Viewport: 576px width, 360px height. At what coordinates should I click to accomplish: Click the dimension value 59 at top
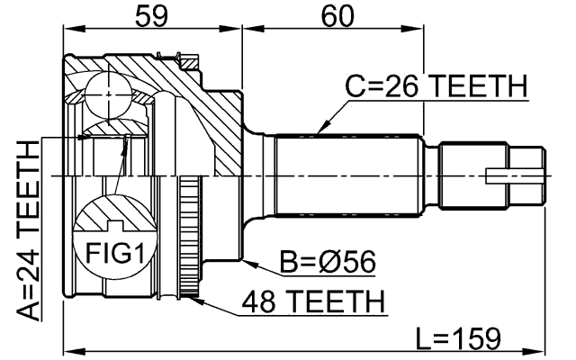pos(152,14)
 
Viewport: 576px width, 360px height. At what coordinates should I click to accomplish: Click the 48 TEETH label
pos(310,300)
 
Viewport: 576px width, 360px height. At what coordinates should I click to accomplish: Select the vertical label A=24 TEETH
pos(30,231)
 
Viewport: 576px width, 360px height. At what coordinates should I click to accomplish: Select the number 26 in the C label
pos(394,88)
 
